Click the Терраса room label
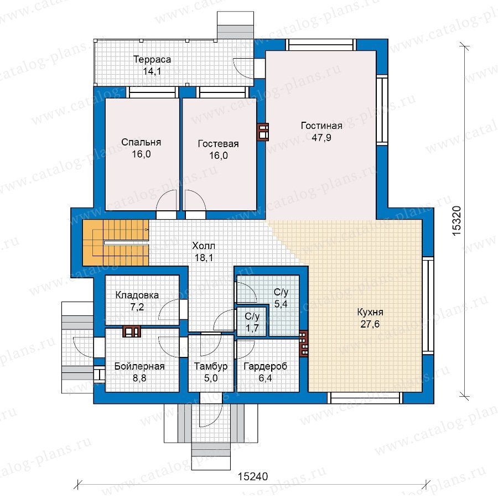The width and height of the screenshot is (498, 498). pyautogui.click(x=152, y=59)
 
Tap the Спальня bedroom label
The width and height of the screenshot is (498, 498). pyautogui.click(x=141, y=142)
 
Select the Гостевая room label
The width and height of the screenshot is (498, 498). pyautogui.click(x=218, y=144)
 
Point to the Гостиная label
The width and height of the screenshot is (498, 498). pyautogui.click(x=321, y=126)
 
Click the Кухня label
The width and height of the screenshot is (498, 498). pyautogui.click(x=370, y=312)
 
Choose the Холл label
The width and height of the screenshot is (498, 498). pyautogui.click(x=204, y=246)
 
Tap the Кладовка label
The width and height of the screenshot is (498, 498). pyautogui.click(x=137, y=295)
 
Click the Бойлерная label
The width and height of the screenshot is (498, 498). pyautogui.click(x=139, y=366)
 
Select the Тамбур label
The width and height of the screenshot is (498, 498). pyautogui.click(x=211, y=366)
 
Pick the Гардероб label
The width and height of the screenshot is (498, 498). pyautogui.click(x=265, y=366)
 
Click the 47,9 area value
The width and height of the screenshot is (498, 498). pyautogui.click(x=321, y=138)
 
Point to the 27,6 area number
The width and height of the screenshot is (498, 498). pyautogui.click(x=370, y=324)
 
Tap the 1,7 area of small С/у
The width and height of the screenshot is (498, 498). pyautogui.click(x=252, y=328)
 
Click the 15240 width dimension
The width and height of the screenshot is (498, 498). pyautogui.click(x=253, y=476)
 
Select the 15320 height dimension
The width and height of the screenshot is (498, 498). pyautogui.click(x=456, y=221)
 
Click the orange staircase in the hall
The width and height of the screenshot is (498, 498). pyautogui.click(x=116, y=243)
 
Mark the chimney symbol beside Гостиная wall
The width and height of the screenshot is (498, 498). pyautogui.click(x=263, y=132)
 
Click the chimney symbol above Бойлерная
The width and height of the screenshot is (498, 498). pyautogui.click(x=132, y=331)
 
